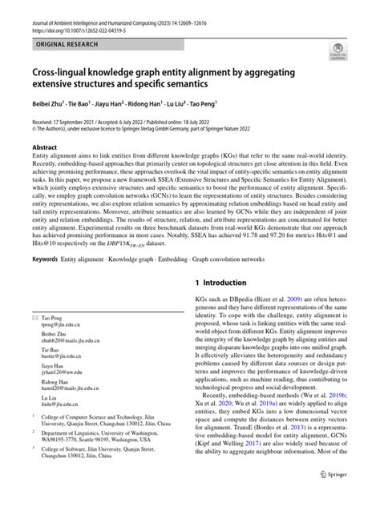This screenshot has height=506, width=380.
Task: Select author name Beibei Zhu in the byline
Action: tap(50, 103)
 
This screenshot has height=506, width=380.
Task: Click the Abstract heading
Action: tap(44, 148)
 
